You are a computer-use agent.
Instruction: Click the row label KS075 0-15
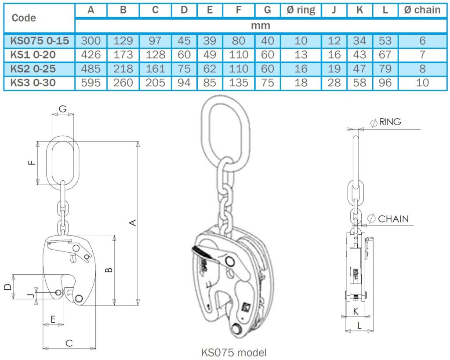point(40,41)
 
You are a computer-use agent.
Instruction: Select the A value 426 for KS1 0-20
point(91,55)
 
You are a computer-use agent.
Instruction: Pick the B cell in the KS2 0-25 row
point(123,69)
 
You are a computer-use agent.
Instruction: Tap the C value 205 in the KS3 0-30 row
point(155,82)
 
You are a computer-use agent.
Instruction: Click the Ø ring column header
point(301,10)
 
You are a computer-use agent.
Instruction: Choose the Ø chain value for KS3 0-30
point(422,82)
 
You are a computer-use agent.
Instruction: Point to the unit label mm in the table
point(260,25)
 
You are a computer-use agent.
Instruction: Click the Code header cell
point(24,18)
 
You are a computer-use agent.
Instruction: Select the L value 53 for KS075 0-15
point(385,41)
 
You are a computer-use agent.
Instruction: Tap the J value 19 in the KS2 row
point(334,69)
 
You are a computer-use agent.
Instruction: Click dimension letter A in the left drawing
point(134,223)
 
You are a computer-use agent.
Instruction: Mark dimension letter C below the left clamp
point(69,343)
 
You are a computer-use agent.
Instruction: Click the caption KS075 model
point(233,352)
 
